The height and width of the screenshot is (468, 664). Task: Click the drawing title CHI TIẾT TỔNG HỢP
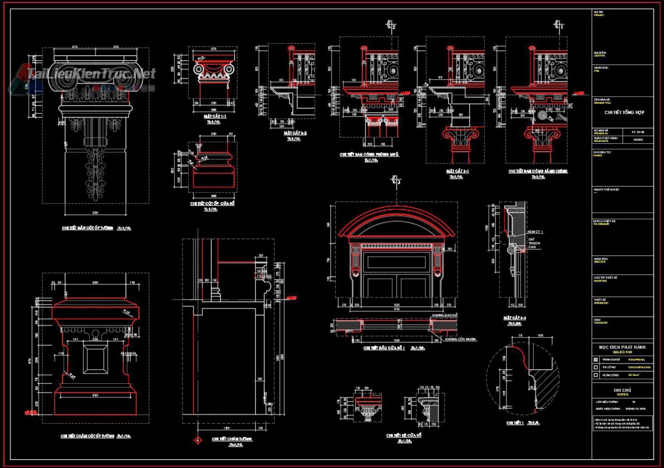click(x=622, y=112)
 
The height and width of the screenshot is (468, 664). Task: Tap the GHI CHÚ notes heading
click(x=622, y=390)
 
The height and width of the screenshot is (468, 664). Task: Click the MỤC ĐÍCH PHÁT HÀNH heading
click(x=622, y=347)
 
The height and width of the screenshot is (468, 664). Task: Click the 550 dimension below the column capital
click(x=95, y=212)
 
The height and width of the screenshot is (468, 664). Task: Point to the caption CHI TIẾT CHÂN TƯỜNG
click(x=228, y=439)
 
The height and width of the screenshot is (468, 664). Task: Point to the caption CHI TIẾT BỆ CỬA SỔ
click(x=403, y=435)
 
